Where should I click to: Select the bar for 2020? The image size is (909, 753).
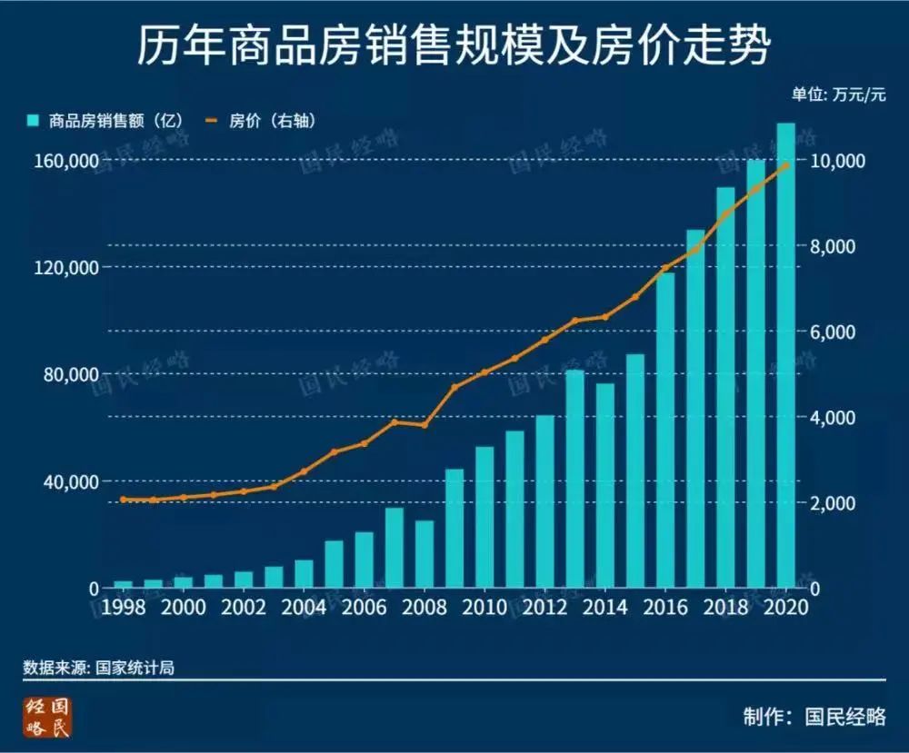tap(786, 354)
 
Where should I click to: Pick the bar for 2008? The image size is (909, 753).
tap(425, 554)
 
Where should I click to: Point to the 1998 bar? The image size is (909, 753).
tap(124, 584)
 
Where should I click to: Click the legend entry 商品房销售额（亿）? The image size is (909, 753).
tap(105, 120)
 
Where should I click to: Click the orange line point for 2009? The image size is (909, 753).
tap(454, 387)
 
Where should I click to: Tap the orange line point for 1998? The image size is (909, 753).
tap(124, 499)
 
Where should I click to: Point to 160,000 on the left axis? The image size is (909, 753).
tap(66, 161)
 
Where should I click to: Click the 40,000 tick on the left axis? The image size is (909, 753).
tap(71, 481)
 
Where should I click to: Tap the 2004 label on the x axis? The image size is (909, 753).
tap(304, 608)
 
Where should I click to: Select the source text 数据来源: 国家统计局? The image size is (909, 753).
tap(98, 668)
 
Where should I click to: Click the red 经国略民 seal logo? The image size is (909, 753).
tap(48, 718)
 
